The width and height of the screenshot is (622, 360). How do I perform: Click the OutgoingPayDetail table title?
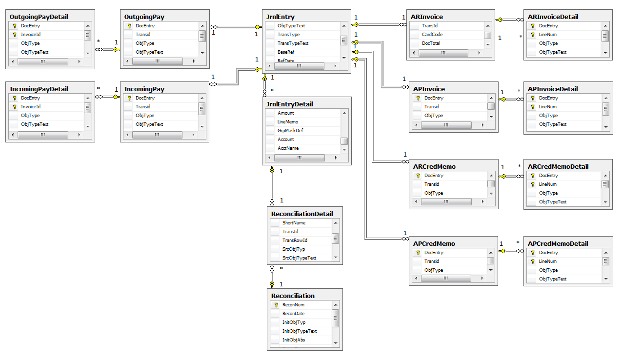point(40,17)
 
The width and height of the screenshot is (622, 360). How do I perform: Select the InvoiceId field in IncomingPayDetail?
point(31,107)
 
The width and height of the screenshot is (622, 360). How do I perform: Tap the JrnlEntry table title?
point(279,17)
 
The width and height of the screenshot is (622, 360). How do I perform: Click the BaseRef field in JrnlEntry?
point(286,52)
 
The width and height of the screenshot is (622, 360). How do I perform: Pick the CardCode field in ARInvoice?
point(432,35)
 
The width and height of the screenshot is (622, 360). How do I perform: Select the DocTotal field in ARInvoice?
point(432,43)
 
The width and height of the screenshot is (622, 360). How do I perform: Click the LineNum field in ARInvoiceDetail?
point(547,35)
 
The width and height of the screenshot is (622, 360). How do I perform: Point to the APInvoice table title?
point(429,89)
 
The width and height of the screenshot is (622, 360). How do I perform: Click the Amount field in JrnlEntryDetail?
point(286,113)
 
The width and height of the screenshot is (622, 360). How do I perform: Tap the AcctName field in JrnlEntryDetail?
point(288,148)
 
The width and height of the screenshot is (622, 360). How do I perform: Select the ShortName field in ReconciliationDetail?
point(294,223)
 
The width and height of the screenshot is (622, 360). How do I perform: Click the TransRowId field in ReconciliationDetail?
point(295,240)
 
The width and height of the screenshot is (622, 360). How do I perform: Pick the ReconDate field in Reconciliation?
point(294,314)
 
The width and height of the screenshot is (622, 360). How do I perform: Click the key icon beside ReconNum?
point(276,305)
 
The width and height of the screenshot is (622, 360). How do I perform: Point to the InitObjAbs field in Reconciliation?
point(294,340)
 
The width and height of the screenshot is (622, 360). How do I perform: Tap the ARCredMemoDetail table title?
point(558,167)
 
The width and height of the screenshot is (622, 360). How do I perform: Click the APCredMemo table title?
point(434,244)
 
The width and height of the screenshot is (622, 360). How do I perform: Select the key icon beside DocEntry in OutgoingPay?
point(129,26)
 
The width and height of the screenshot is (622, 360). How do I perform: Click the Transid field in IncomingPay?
point(143,107)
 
